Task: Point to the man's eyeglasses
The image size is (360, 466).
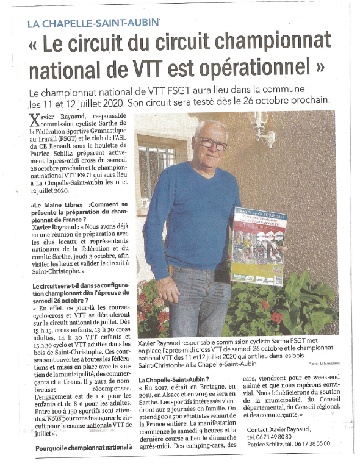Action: tap(214, 146)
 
